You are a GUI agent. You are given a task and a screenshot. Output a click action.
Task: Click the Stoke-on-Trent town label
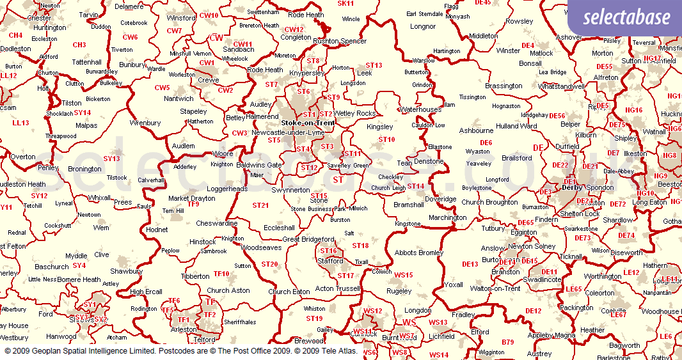(x=308, y=123)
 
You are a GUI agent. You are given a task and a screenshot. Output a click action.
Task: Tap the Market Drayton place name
(x=192, y=198)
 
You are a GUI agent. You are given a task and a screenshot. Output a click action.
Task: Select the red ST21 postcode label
(x=260, y=205)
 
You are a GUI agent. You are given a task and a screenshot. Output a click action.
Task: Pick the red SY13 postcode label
(x=111, y=159)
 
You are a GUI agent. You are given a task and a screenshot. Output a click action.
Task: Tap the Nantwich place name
(x=178, y=98)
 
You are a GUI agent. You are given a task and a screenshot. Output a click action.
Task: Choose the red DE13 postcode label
(x=470, y=264)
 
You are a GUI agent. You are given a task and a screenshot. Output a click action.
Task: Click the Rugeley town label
(x=399, y=291)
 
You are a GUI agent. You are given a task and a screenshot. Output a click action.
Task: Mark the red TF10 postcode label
(x=221, y=274)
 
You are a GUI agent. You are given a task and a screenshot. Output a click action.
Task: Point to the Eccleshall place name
(x=279, y=228)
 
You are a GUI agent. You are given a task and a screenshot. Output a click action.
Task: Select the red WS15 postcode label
(x=404, y=275)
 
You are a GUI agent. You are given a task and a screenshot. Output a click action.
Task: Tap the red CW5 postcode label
(x=162, y=88)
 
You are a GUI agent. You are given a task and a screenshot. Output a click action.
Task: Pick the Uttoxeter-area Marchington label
(x=448, y=217)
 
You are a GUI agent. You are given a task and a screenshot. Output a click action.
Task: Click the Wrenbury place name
(x=145, y=123)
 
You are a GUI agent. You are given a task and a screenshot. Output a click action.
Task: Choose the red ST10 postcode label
(x=387, y=139)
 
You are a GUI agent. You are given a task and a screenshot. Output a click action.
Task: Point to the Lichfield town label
(x=441, y=336)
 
